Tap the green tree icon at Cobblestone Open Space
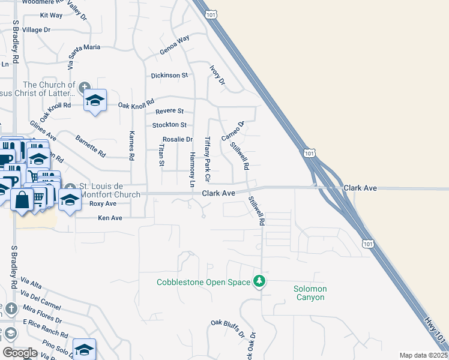(259, 281)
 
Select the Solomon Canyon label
(310, 293)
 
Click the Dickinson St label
(169, 76)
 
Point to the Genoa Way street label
(174, 46)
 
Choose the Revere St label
(169, 111)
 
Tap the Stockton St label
(169, 125)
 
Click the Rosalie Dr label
(177, 139)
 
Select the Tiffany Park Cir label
(208, 159)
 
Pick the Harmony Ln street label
(193, 169)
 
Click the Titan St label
(161, 155)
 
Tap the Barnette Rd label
(91, 146)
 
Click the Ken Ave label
(110, 218)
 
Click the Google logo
(20, 353)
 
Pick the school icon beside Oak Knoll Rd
(95, 100)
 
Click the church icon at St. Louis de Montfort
(70, 187)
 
